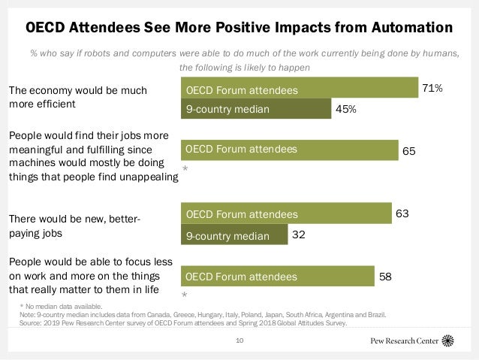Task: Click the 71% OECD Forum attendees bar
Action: coord(300,89)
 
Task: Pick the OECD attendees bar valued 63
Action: coord(287,214)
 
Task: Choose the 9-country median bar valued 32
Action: coord(235,236)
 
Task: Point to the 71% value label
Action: coord(432,88)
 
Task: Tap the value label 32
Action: coord(298,234)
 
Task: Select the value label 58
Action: coord(385,276)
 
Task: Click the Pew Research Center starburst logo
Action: coord(448,340)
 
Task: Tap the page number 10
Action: coord(239,340)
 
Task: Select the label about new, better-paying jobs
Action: coord(75,226)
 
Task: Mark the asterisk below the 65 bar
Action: coord(185,171)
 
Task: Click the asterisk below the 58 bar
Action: coord(185,296)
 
